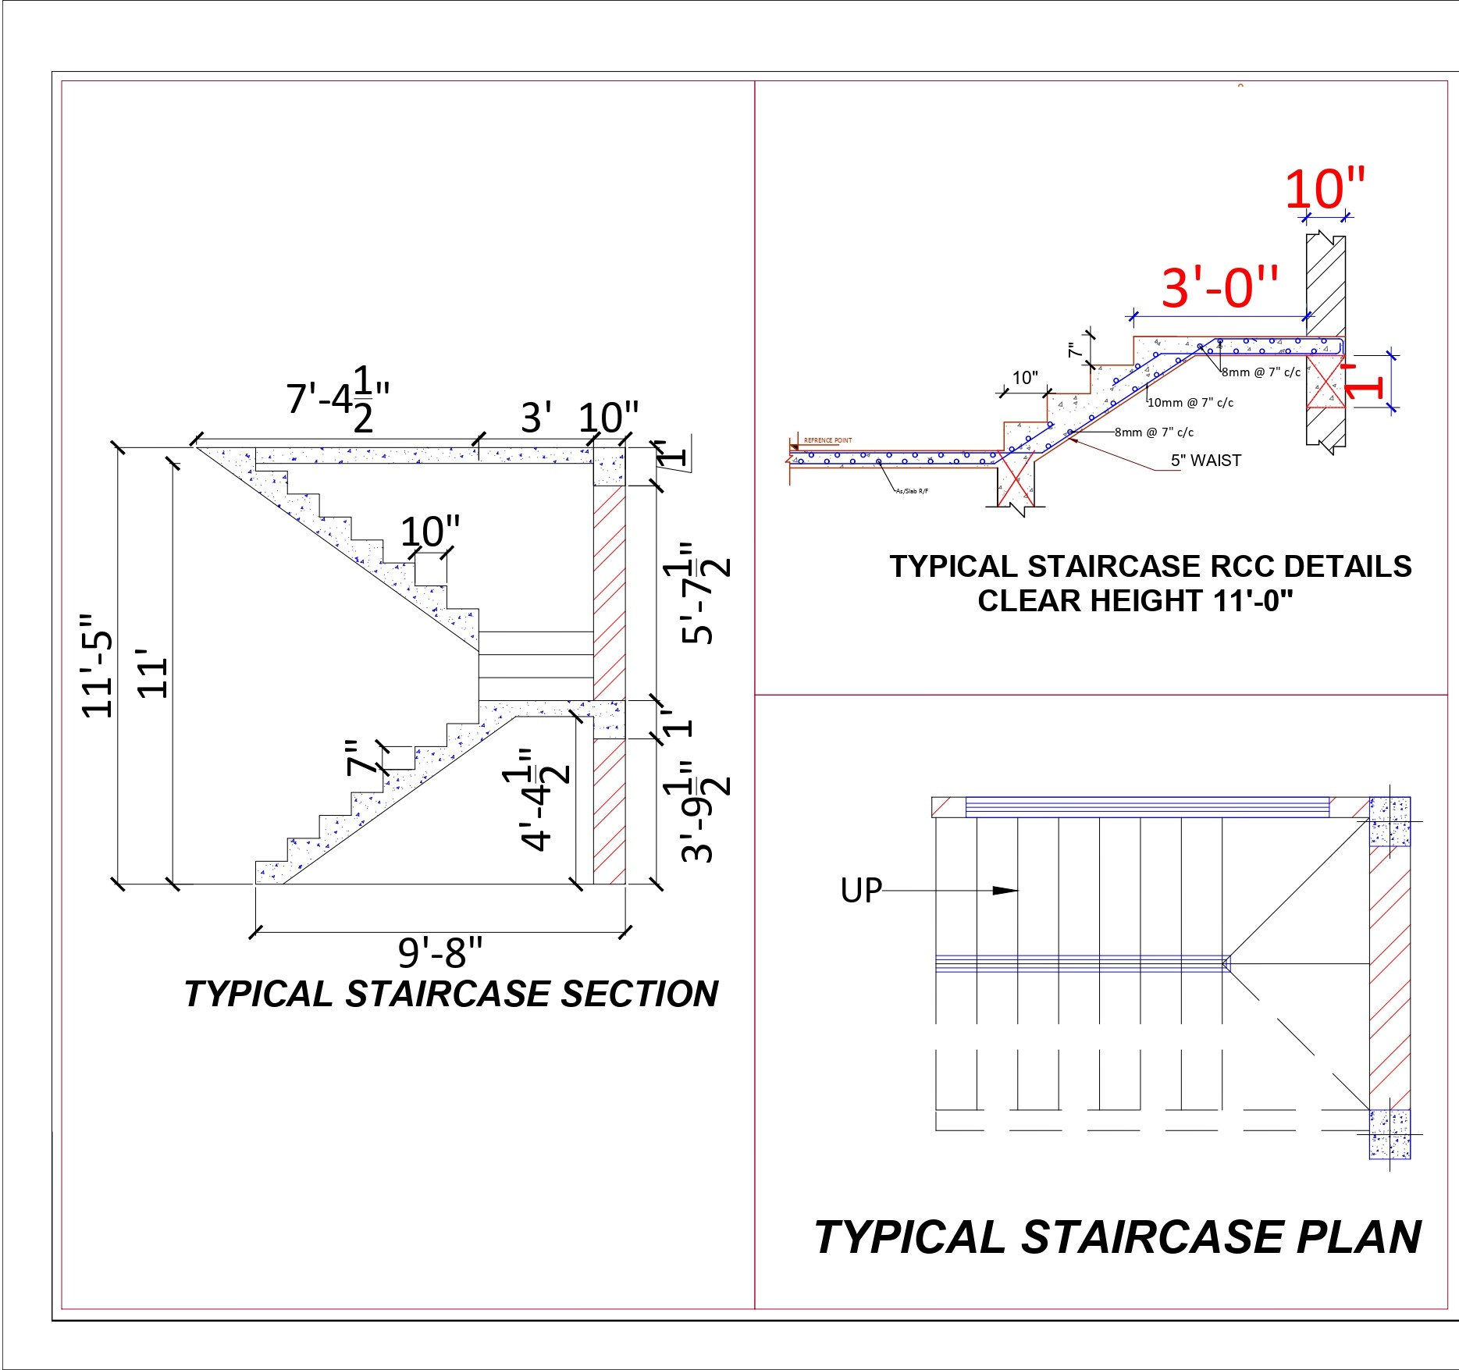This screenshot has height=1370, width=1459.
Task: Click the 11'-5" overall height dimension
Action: pyautogui.click(x=98, y=666)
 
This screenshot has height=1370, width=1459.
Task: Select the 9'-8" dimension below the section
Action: pyautogui.click(x=440, y=952)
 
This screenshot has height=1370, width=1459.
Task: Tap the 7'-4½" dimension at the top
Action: pyautogui.click(x=337, y=398)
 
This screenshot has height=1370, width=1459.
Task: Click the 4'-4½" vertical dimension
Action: pyautogui.click(x=537, y=800)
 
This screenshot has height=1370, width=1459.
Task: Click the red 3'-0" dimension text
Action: pyautogui.click(x=1220, y=286)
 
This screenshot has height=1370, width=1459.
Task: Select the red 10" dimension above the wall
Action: pyautogui.click(x=1325, y=188)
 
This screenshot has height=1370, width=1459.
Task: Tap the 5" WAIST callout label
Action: pyautogui.click(x=1205, y=461)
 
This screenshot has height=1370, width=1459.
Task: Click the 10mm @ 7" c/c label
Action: pyautogui.click(x=1190, y=403)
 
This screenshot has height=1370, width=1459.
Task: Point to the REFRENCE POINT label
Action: pyautogui.click(x=827, y=440)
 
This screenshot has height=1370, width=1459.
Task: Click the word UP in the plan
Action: pyautogui.click(x=860, y=891)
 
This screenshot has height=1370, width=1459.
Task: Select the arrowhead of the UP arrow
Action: pyautogui.click(x=1006, y=891)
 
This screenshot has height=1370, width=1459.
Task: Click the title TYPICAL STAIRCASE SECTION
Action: pyautogui.click(x=451, y=994)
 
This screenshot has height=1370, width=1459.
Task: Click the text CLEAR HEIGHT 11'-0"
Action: pyautogui.click(x=1135, y=601)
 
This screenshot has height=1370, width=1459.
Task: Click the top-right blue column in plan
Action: pyautogui.click(x=1390, y=821)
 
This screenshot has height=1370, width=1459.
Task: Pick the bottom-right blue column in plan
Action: pyautogui.click(x=1390, y=1133)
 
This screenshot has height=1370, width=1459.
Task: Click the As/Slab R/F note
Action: pyautogui.click(x=912, y=491)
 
